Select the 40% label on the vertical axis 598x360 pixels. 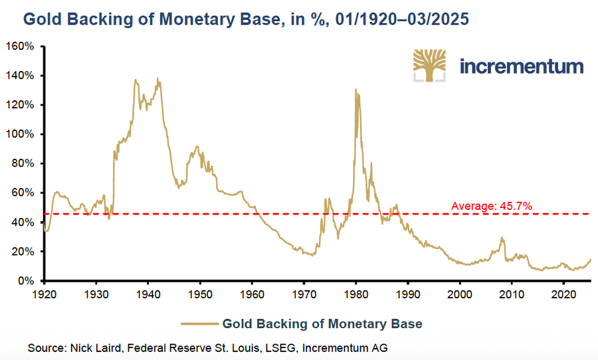point(22,222)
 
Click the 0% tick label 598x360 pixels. point(25,281)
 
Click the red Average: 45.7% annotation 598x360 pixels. point(492,207)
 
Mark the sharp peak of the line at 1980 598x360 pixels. point(356,90)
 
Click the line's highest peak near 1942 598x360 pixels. point(158,79)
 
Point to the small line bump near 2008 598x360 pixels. point(502,238)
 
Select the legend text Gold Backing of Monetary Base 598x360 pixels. point(322,324)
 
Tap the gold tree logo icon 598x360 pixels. point(431,64)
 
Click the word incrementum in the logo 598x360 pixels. point(522,66)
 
